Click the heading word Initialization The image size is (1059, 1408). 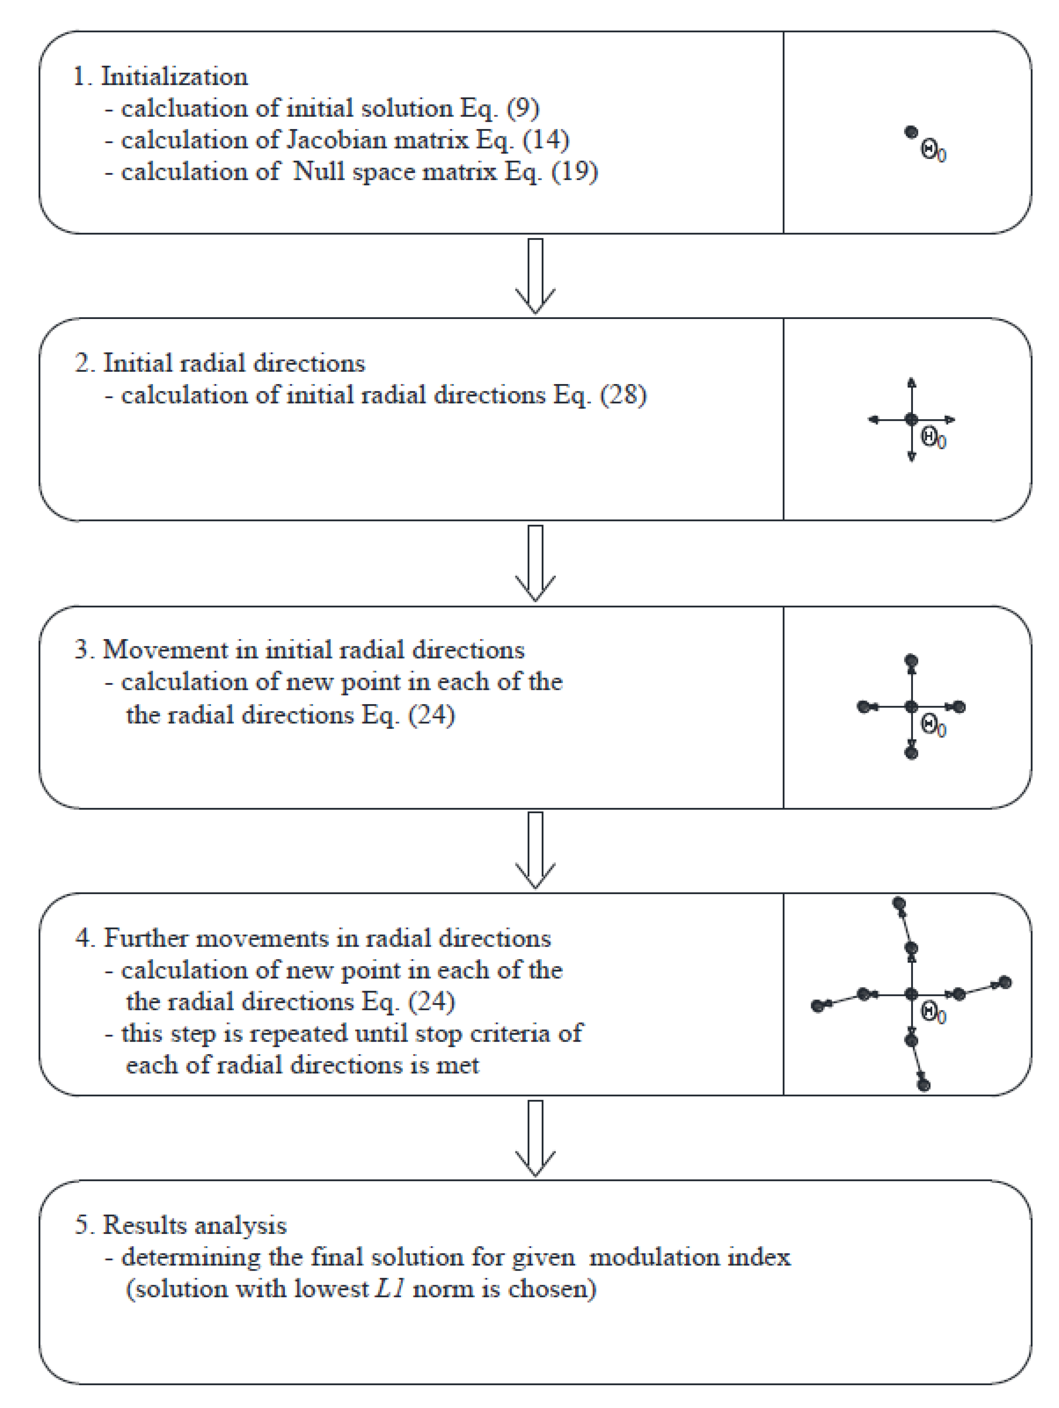[174, 77]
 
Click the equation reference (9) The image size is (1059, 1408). [523, 109]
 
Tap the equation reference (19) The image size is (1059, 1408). [574, 172]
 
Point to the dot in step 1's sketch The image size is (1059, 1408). [911, 132]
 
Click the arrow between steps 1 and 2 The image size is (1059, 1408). [535, 275]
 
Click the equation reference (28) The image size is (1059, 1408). [623, 395]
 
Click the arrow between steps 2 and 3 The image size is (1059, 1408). [535, 563]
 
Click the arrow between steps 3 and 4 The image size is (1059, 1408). [535, 850]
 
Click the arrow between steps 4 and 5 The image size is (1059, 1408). [535, 1137]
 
